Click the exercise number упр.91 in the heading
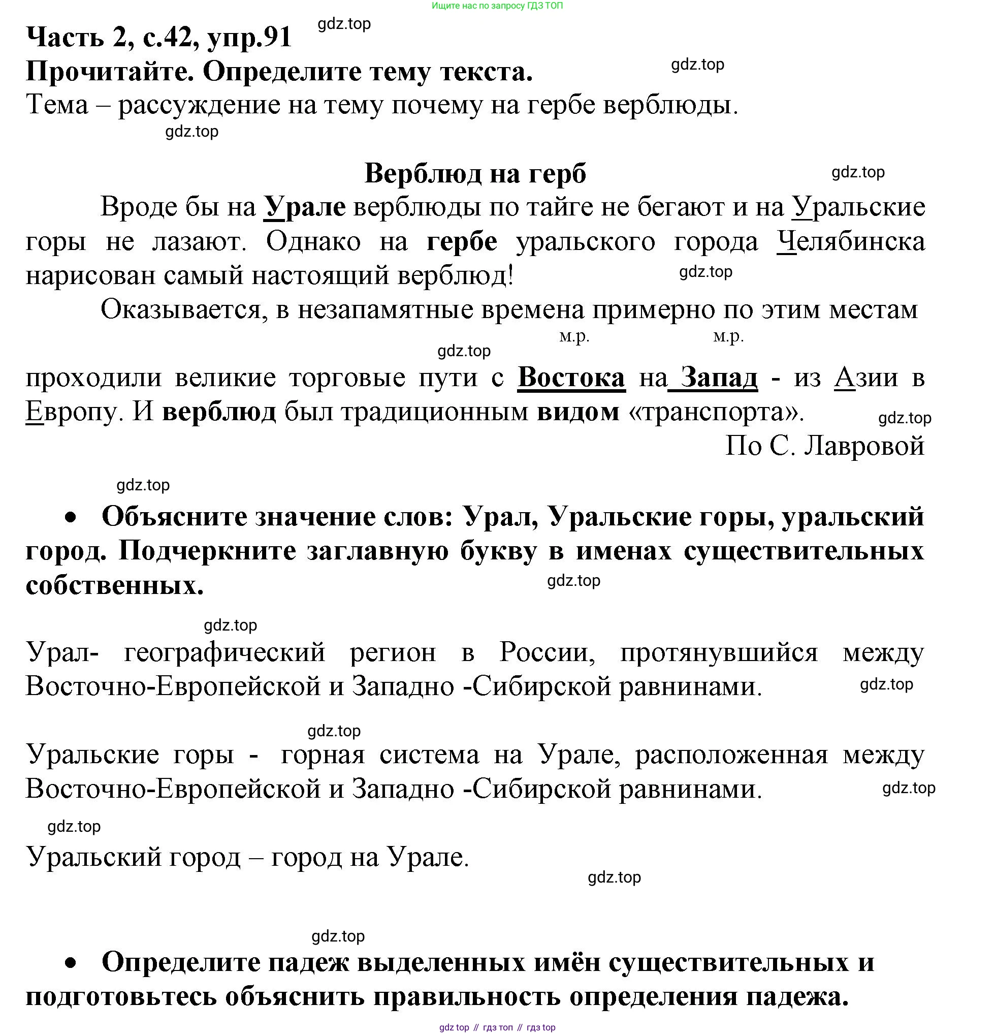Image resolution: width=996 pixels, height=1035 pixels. pyautogui.click(x=250, y=37)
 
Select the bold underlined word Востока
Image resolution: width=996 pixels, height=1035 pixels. pyautogui.click(x=571, y=377)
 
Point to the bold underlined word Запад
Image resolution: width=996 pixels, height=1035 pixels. pyautogui.click(x=719, y=377)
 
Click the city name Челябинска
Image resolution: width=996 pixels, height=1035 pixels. pyautogui.click(x=850, y=241)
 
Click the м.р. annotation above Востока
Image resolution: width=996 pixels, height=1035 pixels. pyautogui.click(x=574, y=336)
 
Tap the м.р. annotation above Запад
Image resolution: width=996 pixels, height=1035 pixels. pyautogui.click(x=728, y=336)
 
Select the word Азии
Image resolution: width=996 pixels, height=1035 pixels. pyautogui.click(x=866, y=377)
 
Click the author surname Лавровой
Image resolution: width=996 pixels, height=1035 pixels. pyautogui.click(x=864, y=446)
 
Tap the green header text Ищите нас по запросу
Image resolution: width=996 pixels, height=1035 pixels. pyautogui.click(x=497, y=6)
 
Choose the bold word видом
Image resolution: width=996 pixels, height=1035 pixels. pyautogui.click(x=578, y=412)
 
